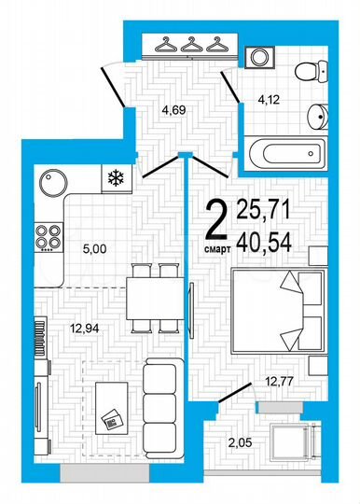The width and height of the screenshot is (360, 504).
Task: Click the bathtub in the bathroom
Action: [x=284, y=151]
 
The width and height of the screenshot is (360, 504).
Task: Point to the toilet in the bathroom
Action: [x=314, y=67]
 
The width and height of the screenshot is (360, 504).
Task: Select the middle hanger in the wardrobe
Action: [x=191, y=45]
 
